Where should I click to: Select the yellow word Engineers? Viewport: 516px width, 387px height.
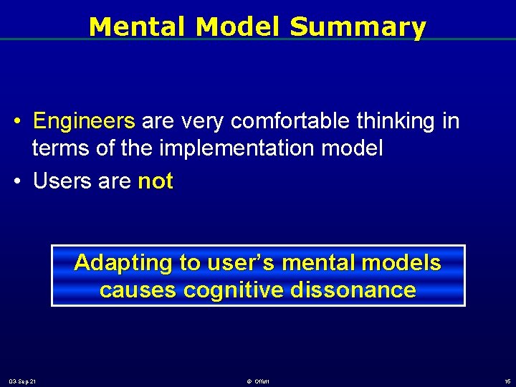point(84,121)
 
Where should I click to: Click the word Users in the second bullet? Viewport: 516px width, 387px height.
point(59,181)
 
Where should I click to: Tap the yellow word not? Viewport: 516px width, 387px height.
point(156,181)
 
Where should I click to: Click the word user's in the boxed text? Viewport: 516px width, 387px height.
point(235,263)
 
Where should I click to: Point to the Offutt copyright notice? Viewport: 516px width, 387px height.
point(258,381)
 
